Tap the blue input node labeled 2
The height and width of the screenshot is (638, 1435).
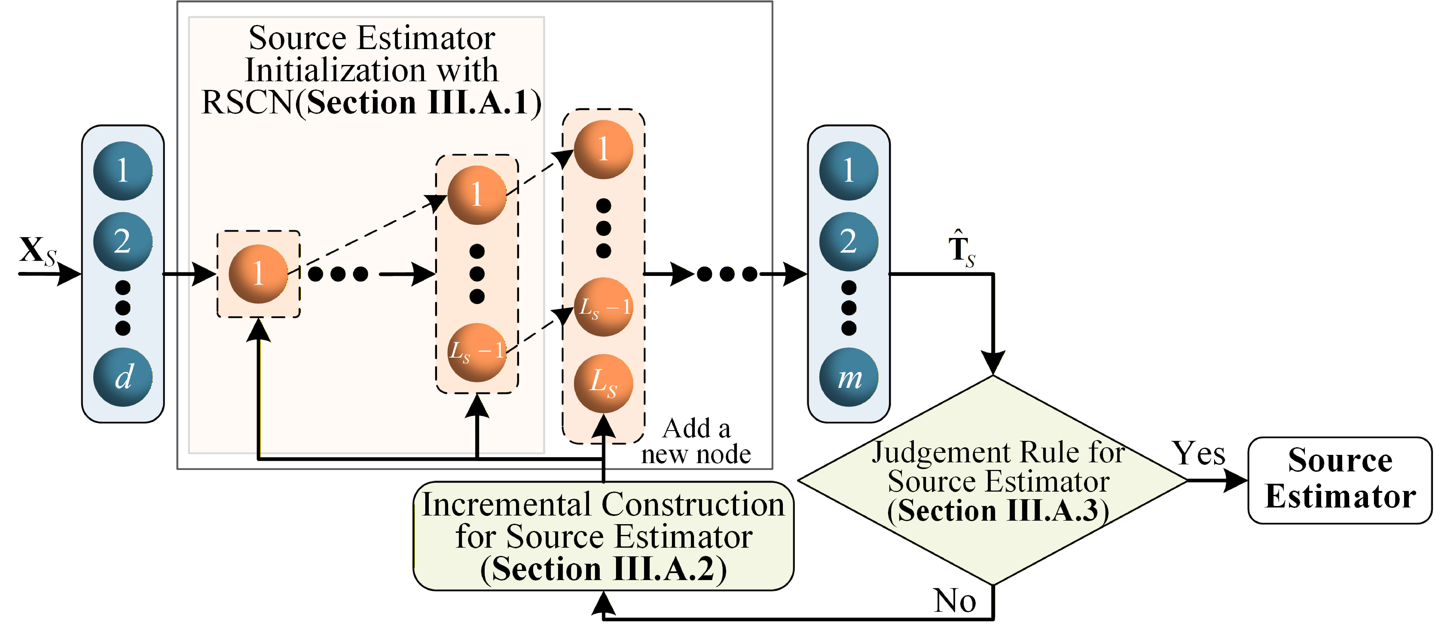point(123,242)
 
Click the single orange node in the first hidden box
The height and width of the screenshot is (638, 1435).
point(258,274)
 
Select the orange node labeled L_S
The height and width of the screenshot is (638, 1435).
point(603,383)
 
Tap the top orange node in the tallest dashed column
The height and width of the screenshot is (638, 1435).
point(603,149)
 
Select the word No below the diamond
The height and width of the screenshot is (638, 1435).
point(955,601)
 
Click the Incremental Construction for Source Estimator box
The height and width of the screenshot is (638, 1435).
point(603,536)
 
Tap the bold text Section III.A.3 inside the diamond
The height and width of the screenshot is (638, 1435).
point(997,510)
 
